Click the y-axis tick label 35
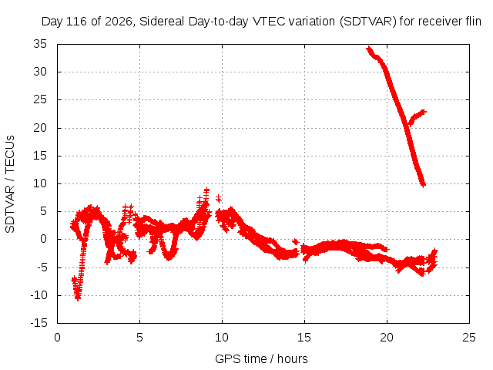[x=40, y=44]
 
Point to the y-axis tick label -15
[x=39, y=323]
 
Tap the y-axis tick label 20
[x=40, y=128]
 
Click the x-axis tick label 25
[x=469, y=338]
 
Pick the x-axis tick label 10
[x=222, y=338]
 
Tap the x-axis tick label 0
[x=57, y=338]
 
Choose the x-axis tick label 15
[x=304, y=338]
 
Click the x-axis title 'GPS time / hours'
[x=261, y=358]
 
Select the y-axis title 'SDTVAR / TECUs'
[x=10, y=184]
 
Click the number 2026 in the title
[x=119, y=22]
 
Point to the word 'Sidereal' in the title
[x=162, y=22]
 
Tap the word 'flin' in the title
[x=473, y=22]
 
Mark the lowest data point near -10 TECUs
[x=78, y=298]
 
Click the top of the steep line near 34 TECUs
[x=368, y=48]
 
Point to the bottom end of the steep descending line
[x=423, y=185]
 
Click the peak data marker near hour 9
[x=206, y=190]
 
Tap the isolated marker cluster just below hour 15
[x=295, y=241]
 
